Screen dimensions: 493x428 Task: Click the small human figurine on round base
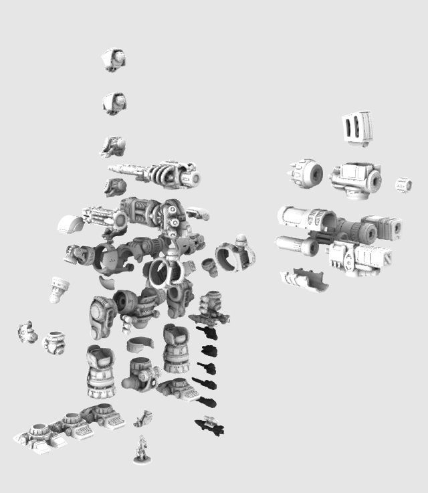(x=142, y=449)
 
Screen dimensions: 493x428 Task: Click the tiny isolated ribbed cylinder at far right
(x=403, y=185)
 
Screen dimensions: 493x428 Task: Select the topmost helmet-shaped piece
(x=114, y=60)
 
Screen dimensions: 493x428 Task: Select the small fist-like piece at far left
(x=27, y=332)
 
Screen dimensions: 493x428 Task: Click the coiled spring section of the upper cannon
(x=165, y=175)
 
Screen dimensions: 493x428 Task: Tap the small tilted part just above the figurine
(x=142, y=419)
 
